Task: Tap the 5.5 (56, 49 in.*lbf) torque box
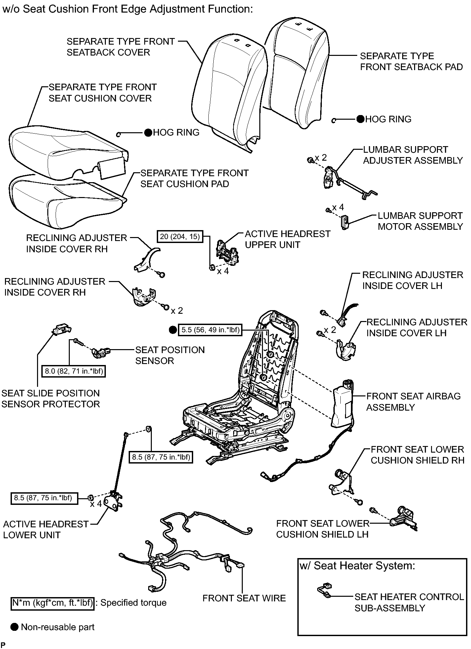pos(210,330)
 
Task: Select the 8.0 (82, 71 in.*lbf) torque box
pos(74,371)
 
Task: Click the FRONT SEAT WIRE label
pos(244,598)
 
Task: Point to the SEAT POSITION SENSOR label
pos(170,355)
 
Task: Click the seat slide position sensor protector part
pos(62,329)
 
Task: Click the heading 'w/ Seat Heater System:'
pos(357,566)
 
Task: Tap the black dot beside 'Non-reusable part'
pos(14,627)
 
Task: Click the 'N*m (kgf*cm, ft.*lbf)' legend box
pos(53,603)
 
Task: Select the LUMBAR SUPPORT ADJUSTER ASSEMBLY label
pos(413,155)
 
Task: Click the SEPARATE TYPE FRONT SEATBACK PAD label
pos(411,61)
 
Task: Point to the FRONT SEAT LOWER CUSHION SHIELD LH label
pos(322,529)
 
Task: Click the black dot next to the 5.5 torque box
pos(173,330)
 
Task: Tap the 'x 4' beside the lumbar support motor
pos(338,207)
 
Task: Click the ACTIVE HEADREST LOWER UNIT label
pos(46,529)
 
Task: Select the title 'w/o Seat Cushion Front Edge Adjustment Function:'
pos(128,9)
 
